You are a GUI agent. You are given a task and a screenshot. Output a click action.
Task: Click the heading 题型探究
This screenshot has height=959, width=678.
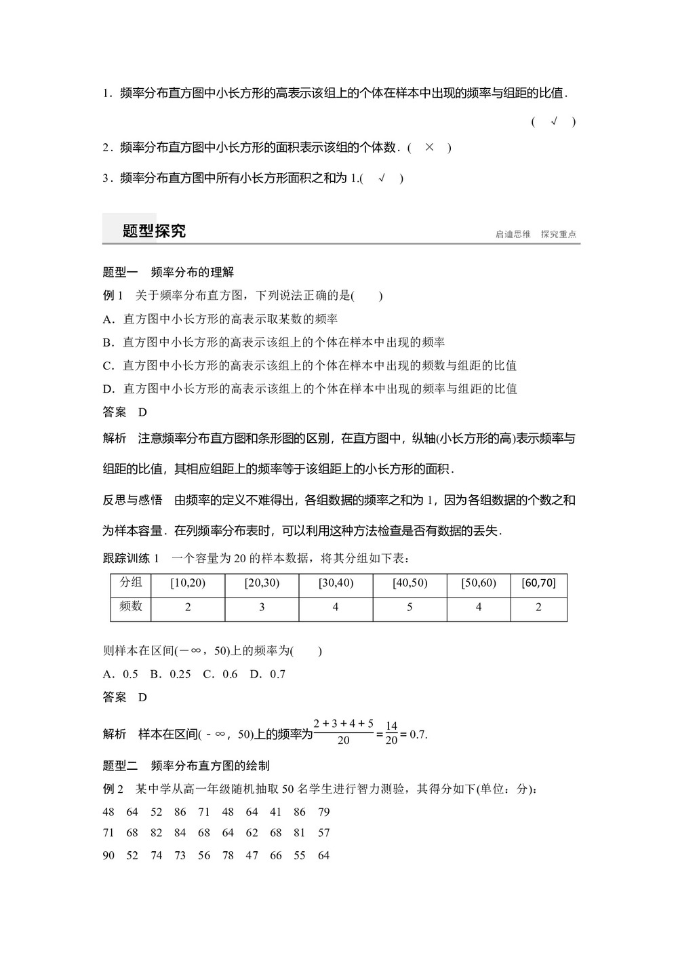pos(154,231)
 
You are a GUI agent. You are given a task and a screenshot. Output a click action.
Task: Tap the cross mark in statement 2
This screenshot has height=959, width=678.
pos(428,147)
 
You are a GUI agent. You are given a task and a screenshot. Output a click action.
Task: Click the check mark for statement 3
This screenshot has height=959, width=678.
pos(382,178)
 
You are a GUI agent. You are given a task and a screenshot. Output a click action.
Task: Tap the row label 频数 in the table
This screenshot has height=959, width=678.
pos(131,606)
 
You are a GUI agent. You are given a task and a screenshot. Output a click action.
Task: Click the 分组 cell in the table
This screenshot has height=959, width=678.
pos(131,583)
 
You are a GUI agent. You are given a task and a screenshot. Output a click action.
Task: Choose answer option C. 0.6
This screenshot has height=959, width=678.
pos(221,674)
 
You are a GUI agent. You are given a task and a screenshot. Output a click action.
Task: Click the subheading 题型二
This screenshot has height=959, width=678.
pos(120,766)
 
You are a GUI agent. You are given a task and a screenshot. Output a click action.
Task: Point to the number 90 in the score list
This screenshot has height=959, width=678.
pos(108,855)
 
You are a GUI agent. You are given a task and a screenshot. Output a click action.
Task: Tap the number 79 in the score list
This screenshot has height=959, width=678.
pos(323,812)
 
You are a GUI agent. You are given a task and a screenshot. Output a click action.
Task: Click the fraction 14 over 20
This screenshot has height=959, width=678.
pos(391,733)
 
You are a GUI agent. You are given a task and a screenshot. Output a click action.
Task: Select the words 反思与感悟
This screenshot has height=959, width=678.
pos(132,500)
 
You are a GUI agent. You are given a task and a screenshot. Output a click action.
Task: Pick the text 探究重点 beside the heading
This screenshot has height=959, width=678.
pos(559,235)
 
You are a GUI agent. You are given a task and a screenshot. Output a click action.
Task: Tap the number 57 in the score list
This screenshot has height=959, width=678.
pos(323,832)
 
